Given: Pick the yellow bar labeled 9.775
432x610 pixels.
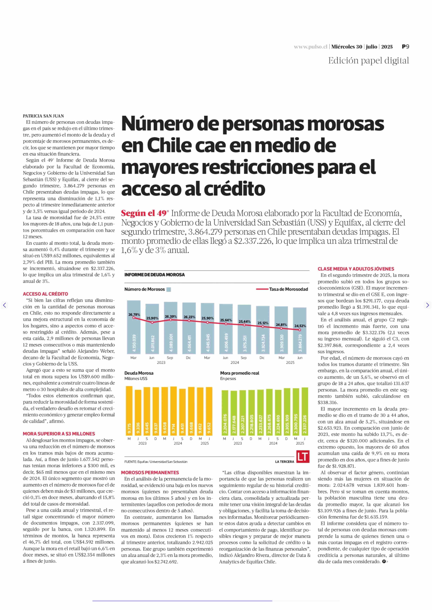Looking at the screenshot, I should click(129, 411).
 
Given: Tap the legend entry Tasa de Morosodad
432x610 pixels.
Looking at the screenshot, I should click(288, 289).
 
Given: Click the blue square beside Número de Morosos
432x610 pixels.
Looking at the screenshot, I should click(168, 289).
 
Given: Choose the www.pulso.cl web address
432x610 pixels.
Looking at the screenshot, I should click(310, 47).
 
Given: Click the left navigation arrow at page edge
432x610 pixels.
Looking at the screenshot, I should click(4, 305).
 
